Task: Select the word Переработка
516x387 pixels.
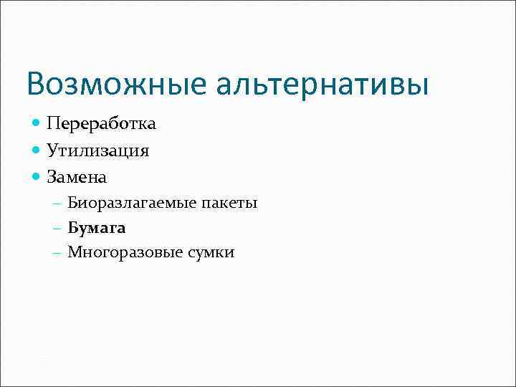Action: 101,124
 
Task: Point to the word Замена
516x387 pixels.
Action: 77,176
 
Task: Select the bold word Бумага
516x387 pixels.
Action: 97,228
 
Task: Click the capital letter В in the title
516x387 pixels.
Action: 36,85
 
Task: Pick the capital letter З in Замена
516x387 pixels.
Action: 52,176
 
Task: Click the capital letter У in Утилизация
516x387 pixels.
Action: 52,150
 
